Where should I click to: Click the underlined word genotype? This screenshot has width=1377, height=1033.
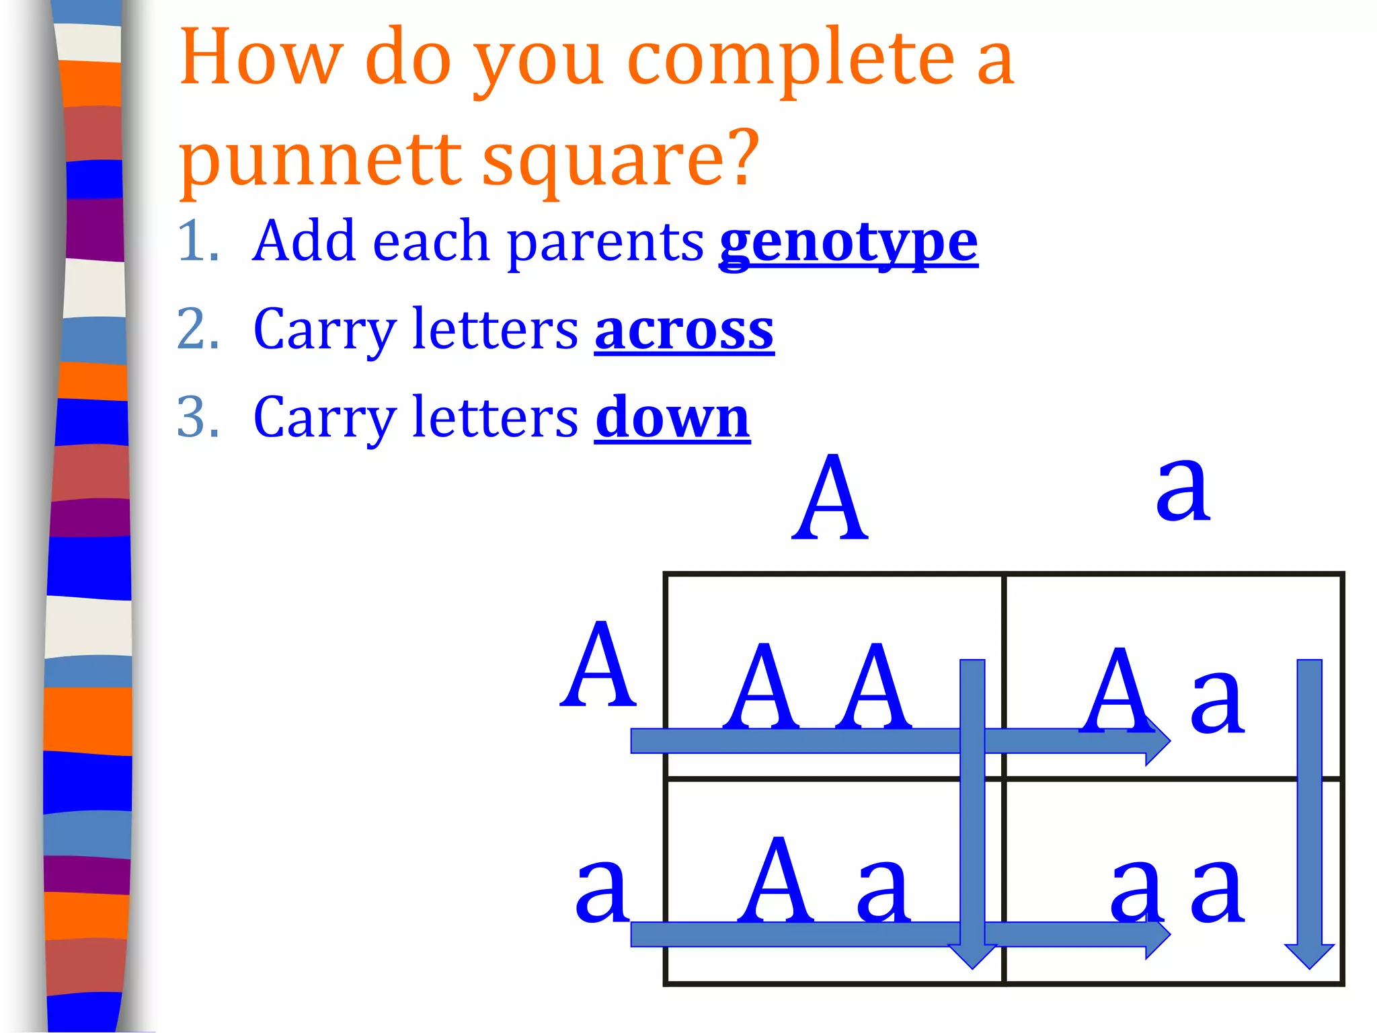coord(849,243)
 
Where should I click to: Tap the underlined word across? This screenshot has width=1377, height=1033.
coord(684,330)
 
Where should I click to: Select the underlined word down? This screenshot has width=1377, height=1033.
coord(672,418)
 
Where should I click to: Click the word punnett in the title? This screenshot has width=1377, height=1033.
coord(320,160)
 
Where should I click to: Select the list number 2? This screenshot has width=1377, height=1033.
coord(197,330)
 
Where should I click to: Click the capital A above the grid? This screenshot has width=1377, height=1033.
coord(830,499)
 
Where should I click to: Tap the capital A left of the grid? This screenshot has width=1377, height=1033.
coord(598,666)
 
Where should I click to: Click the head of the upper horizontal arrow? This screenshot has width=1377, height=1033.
coord(1156,740)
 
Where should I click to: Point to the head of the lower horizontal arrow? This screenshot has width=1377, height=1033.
coord(1156,934)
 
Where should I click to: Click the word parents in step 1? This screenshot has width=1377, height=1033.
coord(605,243)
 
